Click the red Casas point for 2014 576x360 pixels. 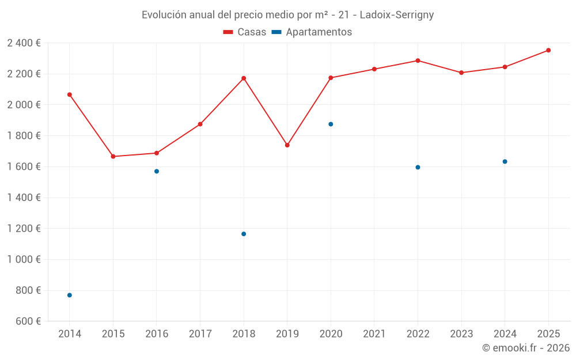(x=70, y=94)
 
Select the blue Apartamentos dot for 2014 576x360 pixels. (x=70, y=295)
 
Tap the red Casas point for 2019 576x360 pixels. (x=287, y=145)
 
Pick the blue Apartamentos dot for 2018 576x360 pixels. (x=244, y=234)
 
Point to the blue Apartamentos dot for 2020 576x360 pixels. (x=331, y=124)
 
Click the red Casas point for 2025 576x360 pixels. (x=548, y=50)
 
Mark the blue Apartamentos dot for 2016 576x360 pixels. (x=157, y=171)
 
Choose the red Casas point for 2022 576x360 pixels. (x=418, y=60)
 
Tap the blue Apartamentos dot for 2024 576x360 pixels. (x=505, y=161)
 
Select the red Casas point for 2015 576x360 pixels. (x=113, y=157)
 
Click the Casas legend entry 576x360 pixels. (x=245, y=32)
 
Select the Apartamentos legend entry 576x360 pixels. (x=312, y=32)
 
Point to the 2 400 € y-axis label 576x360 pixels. (x=24, y=43)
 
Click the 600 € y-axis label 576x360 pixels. (x=28, y=321)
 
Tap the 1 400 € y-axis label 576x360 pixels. (x=24, y=198)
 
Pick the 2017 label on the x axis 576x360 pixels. (x=200, y=334)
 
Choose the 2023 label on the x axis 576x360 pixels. (x=461, y=334)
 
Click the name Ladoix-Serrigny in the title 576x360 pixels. (x=397, y=15)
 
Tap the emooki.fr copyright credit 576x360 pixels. (x=525, y=348)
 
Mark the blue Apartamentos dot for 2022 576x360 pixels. (x=418, y=167)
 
